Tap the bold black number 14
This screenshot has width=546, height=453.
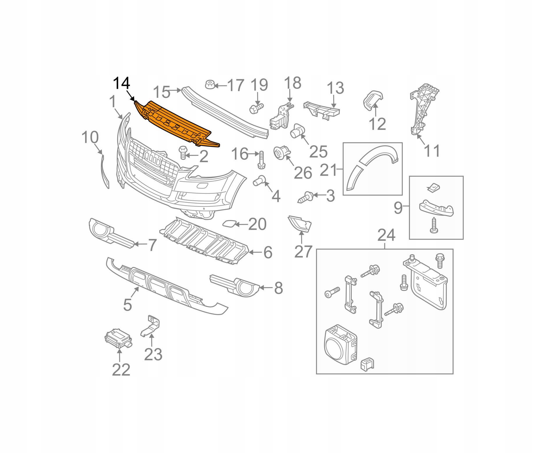121,84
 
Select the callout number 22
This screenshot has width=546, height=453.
121,370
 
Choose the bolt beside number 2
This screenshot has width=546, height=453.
183,153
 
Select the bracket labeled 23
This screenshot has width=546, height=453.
151,327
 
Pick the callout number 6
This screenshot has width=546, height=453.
268,252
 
